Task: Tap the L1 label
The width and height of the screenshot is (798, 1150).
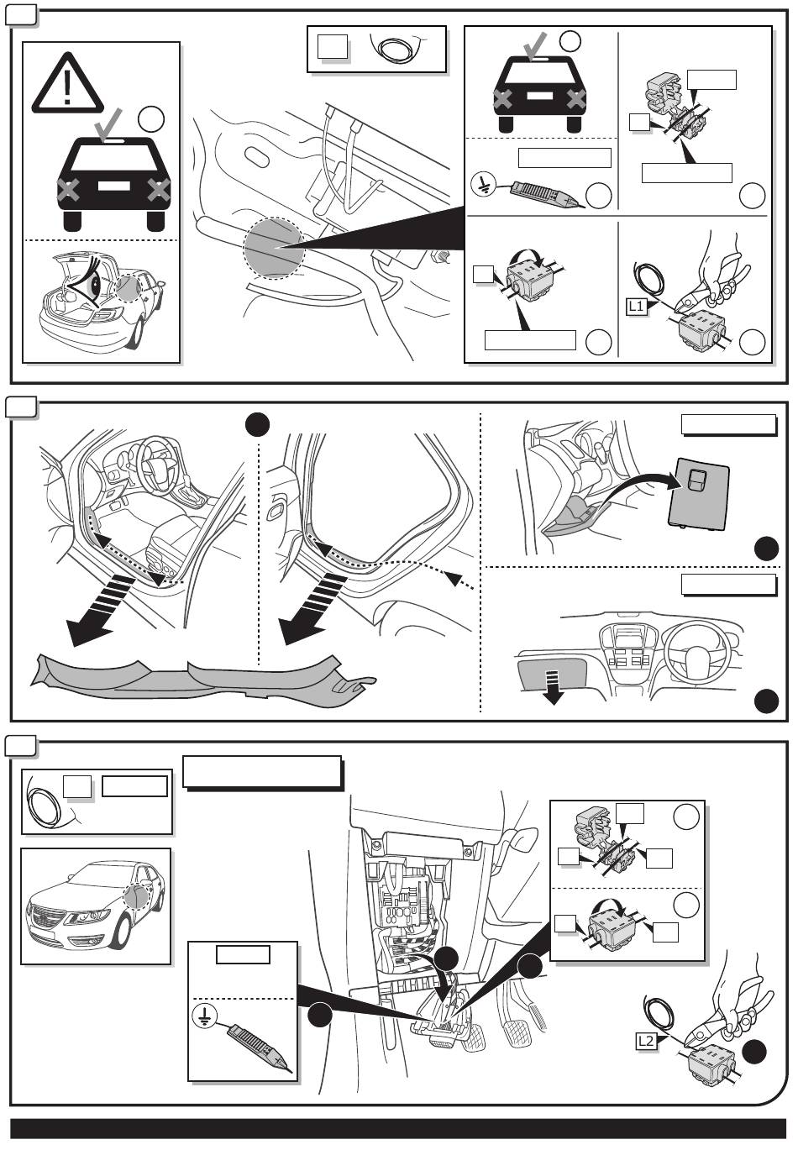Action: tap(637, 307)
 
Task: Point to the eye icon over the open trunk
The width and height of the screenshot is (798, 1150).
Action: tap(87, 282)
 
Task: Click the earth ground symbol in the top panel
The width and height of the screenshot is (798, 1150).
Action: tap(485, 185)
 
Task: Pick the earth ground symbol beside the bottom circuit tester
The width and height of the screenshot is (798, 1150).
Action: tap(202, 1017)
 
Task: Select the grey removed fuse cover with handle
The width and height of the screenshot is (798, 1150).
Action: tap(698, 495)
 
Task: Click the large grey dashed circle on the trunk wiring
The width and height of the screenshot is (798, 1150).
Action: tap(273, 248)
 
